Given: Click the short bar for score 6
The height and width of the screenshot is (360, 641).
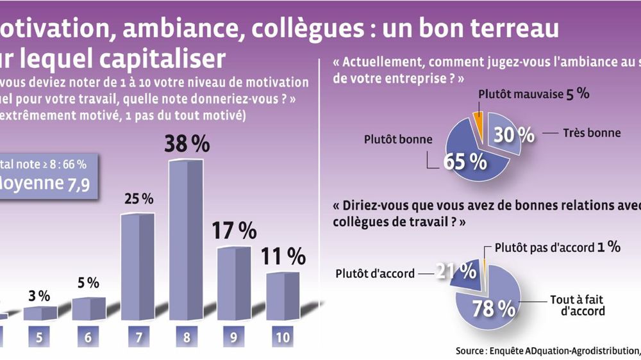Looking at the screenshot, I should (x=88, y=309).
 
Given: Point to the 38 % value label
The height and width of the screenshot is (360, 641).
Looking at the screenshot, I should (x=187, y=144).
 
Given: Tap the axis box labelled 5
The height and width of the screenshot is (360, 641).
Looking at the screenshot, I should (x=40, y=338).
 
